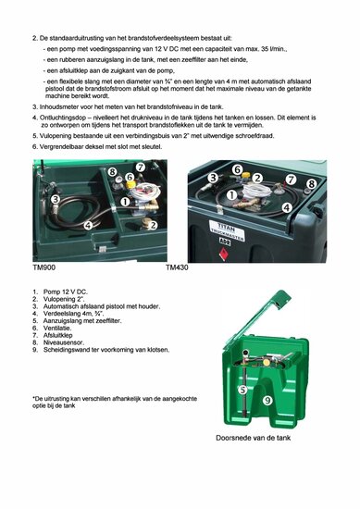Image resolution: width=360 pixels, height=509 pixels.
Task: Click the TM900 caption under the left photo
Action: (43, 267)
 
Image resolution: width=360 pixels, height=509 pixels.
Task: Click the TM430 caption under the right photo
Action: (178, 267)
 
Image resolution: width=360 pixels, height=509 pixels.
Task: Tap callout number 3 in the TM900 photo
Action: (55, 199)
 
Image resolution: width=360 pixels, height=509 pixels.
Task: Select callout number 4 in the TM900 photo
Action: (88, 225)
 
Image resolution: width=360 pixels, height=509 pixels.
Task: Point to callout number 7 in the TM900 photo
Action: (140, 168)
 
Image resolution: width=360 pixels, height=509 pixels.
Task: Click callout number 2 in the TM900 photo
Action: (153, 225)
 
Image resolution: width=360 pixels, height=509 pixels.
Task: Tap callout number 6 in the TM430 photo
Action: (237, 169)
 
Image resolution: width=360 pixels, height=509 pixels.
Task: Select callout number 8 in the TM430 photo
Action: (310, 184)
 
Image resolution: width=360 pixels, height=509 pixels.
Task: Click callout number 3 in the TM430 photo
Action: (212, 178)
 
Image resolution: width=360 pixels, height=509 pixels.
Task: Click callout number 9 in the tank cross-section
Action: (268, 400)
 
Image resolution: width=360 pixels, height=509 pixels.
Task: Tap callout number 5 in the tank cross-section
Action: (242, 391)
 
